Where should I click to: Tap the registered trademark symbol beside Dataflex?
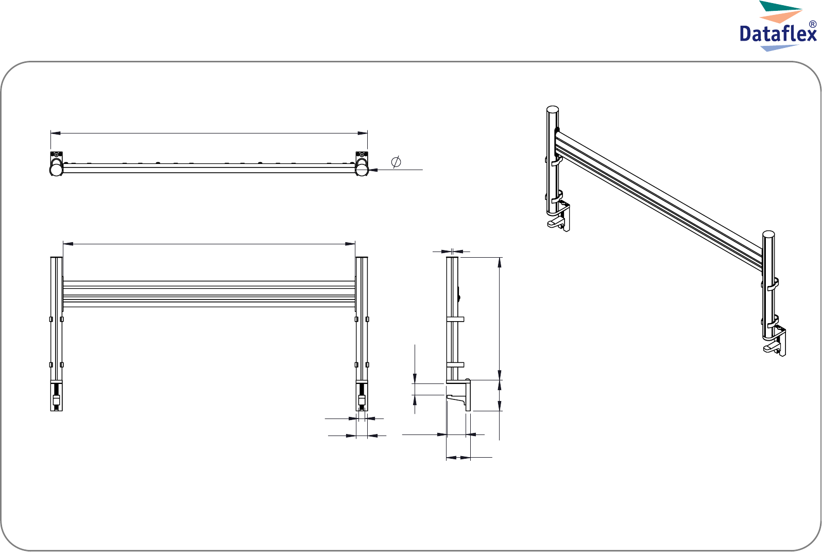click(812, 24)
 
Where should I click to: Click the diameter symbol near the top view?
click(396, 162)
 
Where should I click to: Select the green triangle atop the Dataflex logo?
click(780, 6)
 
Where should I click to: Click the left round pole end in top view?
click(56, 170)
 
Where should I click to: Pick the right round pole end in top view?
click(362, 170)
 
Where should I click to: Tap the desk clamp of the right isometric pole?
click(775, 343)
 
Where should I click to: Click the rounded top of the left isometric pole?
click(553, 109)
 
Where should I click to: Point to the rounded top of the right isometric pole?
click(768, 234)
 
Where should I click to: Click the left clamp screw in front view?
click(56, 397)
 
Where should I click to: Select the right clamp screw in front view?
click(362, 397)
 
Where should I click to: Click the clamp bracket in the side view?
click(459, 395)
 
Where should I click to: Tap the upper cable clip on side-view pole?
click(455, 320)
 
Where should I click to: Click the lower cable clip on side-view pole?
click(455, 365)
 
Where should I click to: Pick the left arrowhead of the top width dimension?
click(56, 133)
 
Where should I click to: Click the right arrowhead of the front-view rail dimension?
click(350, 243)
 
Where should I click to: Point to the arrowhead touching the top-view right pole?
click(373, 170)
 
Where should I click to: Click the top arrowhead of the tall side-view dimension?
click(500, 262)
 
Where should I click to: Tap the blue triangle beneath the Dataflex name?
click(779, 48)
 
